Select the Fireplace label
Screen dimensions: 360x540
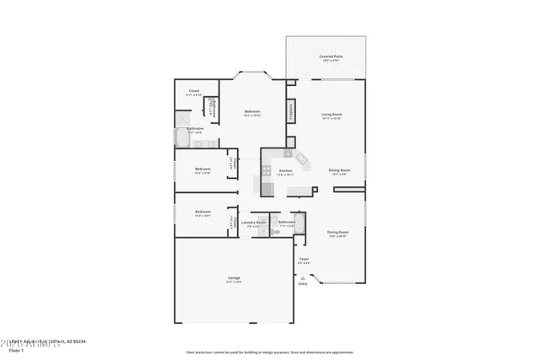point(291,110)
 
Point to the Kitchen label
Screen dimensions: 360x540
point(286,170)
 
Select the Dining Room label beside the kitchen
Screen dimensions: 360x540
point(339,170)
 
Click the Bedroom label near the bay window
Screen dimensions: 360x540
point(252,111)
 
